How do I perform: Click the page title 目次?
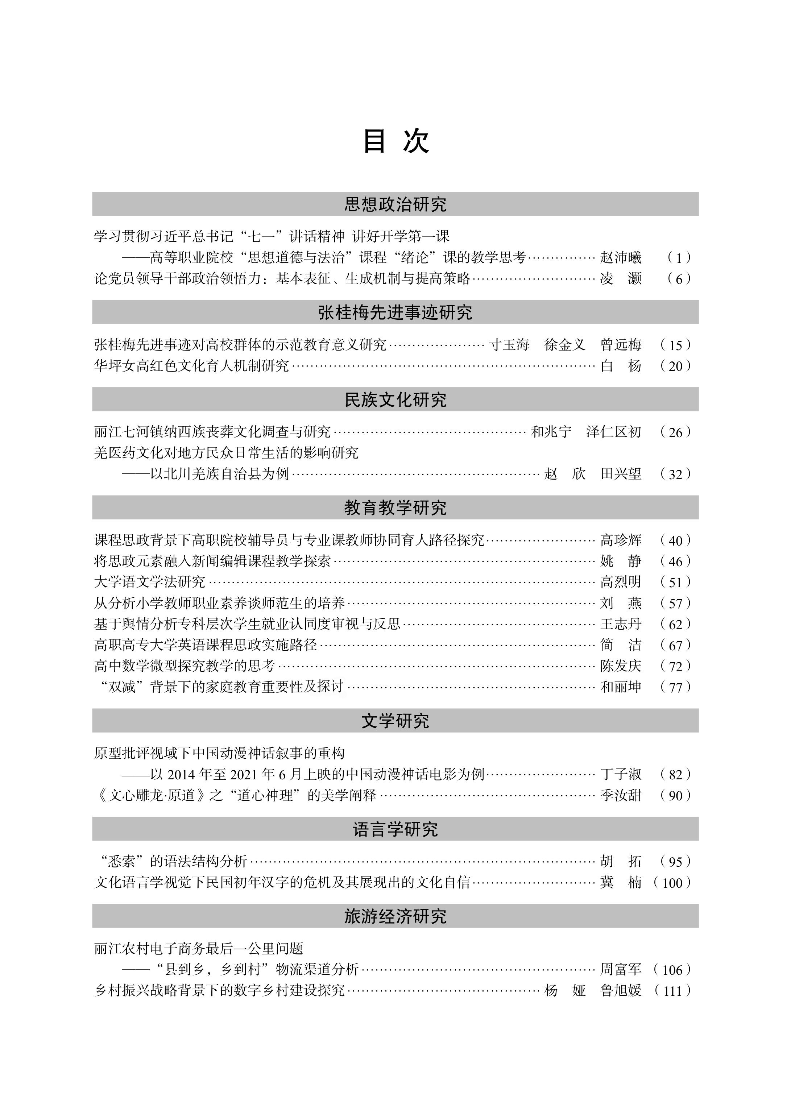pos(395,141)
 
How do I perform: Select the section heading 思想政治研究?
pos(395,204)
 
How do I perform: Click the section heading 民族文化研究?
pos(395,399)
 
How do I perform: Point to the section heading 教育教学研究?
pos(395,508)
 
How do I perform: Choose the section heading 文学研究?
pos(395,721)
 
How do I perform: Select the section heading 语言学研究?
pos(395,829)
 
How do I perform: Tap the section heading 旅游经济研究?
pos(395,916)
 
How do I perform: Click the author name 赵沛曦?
pos(620,257)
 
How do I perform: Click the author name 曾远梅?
pos(620,345)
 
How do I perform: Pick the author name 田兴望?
pos(620,474)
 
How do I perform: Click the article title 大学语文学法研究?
pos(150,582)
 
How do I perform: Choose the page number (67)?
pos(675,645)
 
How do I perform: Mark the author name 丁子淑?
pos(620,774)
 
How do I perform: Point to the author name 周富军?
pos(620,969)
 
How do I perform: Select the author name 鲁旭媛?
pos(620,990)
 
